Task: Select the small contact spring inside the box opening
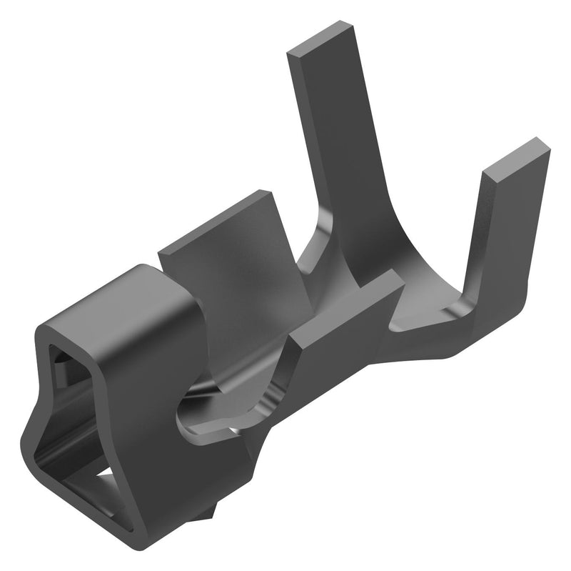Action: click(x=60, y=372)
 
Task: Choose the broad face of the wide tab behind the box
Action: click(x=228, y=279)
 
